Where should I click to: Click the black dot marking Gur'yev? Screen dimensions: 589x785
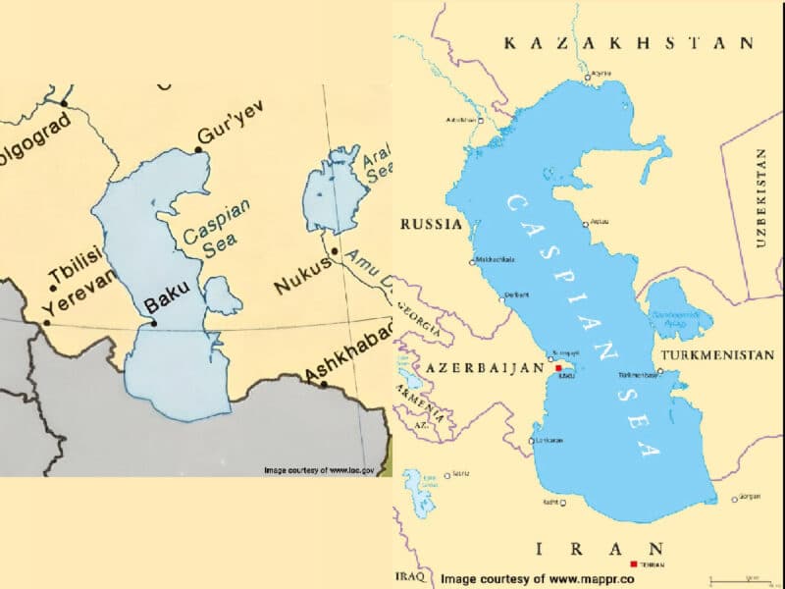(198, 149)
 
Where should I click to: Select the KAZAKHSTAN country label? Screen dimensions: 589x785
(628, 43)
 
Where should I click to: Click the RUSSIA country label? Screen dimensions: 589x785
(431, 225)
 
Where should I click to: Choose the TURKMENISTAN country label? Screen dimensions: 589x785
(718, 354)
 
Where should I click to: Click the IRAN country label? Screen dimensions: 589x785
(600, 548)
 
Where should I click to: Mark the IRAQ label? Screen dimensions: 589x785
(408, 576)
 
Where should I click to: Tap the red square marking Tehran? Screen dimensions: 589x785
(634, 564)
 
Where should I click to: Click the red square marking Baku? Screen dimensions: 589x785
(559, 368)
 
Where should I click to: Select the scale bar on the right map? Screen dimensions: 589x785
(737, 577)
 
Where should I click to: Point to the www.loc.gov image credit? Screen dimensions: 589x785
(320, 470)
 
